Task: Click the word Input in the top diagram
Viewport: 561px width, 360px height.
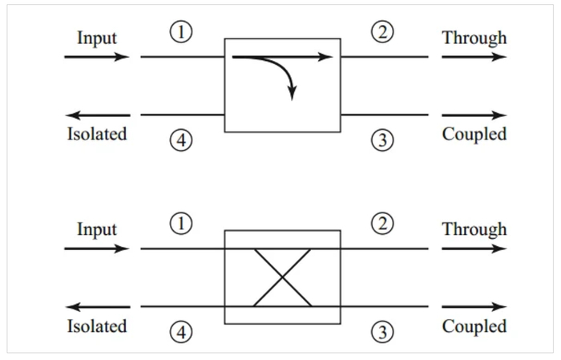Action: [x=97, y=38]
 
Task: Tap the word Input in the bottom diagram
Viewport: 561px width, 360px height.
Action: [x=97, y=229]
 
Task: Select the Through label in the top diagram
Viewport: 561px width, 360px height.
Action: [x=474, y=38]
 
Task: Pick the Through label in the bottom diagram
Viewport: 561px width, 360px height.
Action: [x=474, y=229]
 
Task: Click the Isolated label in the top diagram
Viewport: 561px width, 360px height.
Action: [x=97, y=134]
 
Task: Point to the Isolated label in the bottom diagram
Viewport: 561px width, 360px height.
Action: [x=97, y=326]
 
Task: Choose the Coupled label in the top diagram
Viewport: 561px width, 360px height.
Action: [x=474, y=135]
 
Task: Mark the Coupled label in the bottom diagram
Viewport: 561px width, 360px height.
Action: [x=474, y=326]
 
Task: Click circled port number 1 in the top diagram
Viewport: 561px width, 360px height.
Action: [x=181, y=32]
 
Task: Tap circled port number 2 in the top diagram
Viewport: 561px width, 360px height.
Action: [x=382, y=32]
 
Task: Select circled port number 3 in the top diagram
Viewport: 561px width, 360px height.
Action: [x=382, y=140]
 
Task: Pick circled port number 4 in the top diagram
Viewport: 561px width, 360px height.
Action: [x=181, y=140]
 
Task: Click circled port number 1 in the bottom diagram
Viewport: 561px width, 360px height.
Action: [x=181, y=224]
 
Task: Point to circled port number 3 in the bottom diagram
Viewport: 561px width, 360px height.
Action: [x=382, y=332]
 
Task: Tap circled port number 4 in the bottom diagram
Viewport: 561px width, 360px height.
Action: [x=181, y=332]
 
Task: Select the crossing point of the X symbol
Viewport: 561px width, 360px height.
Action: [x=282, y=277]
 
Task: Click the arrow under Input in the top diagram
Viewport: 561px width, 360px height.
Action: [x=97, y=57]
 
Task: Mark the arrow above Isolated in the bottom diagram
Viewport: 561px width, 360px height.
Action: [x=98, y=306]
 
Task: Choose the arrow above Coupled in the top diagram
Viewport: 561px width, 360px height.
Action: [x=474, y=115]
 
